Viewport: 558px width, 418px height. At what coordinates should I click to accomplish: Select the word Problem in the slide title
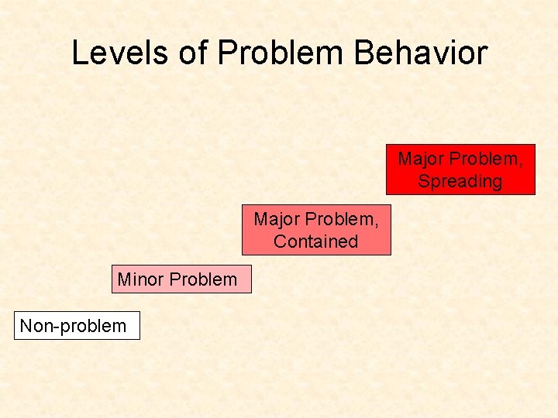point(281,53)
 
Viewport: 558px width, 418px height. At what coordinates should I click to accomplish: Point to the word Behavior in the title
point(420,53)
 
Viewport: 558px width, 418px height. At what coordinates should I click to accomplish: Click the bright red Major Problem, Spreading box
point(460,170)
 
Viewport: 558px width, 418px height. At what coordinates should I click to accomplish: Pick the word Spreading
point(460,182)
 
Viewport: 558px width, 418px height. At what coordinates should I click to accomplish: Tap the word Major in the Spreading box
point(422,159)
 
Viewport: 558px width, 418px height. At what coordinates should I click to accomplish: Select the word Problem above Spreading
point(487,159)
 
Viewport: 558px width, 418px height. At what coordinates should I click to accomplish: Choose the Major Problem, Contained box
point(316,230)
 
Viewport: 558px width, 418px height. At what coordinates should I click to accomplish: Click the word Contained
point(316,242)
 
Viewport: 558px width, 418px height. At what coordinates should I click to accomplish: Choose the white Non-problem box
point(77,326)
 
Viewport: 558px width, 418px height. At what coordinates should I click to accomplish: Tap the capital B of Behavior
point(365,53)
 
